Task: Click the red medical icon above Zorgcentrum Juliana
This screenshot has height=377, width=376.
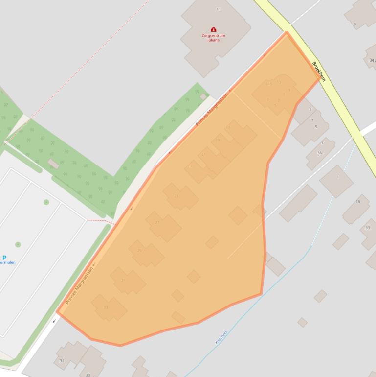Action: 213,30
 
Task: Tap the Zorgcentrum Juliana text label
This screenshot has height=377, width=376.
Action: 213,38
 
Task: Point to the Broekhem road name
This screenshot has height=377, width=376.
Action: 318,71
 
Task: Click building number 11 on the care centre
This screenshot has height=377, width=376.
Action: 218,9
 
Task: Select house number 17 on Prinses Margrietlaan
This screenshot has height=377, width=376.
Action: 228,128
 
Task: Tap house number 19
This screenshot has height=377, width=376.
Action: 218,141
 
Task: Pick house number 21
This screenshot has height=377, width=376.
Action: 203,154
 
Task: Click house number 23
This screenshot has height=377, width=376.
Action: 190,166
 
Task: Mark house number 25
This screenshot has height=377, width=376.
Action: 177,196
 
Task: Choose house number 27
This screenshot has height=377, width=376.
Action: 157,222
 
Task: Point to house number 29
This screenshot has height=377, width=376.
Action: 139,251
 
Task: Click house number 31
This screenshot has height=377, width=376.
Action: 123,280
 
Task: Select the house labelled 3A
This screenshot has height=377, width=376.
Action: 320,153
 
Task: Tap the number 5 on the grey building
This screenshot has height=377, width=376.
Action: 316,127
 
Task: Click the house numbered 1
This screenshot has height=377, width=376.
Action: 337,177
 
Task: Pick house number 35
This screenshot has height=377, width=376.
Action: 358,202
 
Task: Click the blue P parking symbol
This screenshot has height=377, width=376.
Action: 5,258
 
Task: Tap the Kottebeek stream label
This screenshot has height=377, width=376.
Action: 221,336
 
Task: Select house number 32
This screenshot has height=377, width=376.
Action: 62,361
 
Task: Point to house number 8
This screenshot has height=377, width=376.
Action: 355,24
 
